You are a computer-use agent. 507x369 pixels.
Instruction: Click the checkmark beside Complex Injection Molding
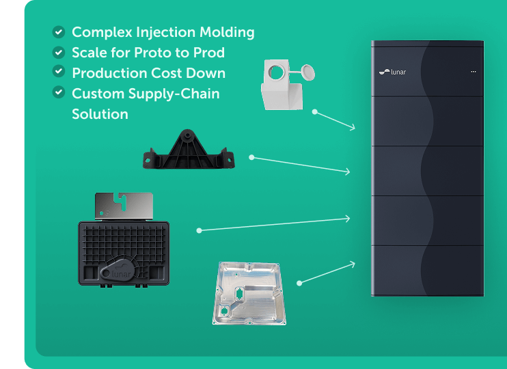[x=59, y=32]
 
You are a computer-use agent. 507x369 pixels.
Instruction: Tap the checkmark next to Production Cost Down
[x=59, y=71]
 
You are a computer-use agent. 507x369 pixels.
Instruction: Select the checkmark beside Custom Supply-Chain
[x=59, y=92]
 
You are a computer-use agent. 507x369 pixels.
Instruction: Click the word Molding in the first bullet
[x=227, y=32]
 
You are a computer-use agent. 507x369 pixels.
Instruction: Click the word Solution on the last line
[x=100, y=114]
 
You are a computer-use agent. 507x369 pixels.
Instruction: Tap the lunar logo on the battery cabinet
[x=392, y=72]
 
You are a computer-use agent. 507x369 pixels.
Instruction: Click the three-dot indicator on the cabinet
[x=474, y=72]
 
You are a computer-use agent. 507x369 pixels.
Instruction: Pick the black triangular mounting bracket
[x=189, y=150]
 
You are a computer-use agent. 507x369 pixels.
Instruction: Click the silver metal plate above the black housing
[x=124, y=206]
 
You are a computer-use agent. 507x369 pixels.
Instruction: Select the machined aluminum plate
[x=249, y=293]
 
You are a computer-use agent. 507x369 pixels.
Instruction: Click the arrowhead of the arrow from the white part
[x=352, y=127]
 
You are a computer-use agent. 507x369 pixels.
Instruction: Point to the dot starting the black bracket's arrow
[x=251, y=157]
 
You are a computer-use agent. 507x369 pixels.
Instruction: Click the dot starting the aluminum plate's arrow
[x=299, y=284]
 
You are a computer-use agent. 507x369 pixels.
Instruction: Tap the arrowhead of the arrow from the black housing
[x=347, y=219]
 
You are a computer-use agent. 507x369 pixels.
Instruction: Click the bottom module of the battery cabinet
[x=428, y=271]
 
